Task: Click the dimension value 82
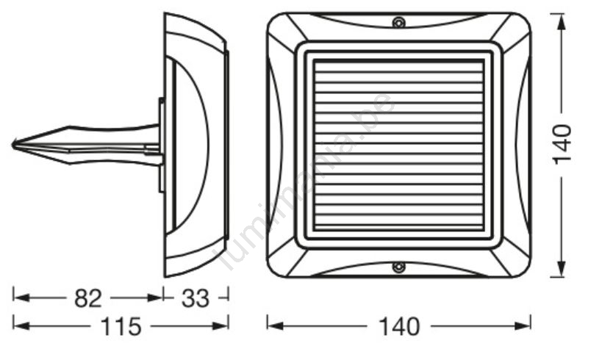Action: [x=88, y=298]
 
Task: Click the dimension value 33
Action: [x=196, y=298]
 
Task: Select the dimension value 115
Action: [x=121, y=326]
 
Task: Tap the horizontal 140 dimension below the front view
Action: [x=399, y=326]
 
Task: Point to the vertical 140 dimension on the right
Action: [x=562, y=145]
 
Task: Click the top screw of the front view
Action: [x=398, y=22]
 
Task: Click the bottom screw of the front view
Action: [x=398, y=267]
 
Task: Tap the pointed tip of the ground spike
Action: [x=13, y=145]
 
